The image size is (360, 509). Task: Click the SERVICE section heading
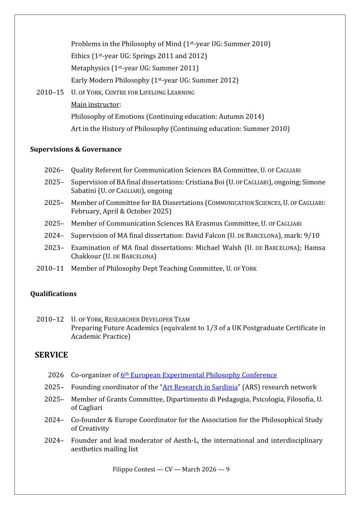point(51,355)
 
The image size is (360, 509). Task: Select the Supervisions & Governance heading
point(76,149)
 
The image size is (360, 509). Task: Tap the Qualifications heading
point(53,294)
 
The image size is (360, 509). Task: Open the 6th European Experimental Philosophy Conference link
point(199,375)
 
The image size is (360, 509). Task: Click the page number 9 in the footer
point(228,469)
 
